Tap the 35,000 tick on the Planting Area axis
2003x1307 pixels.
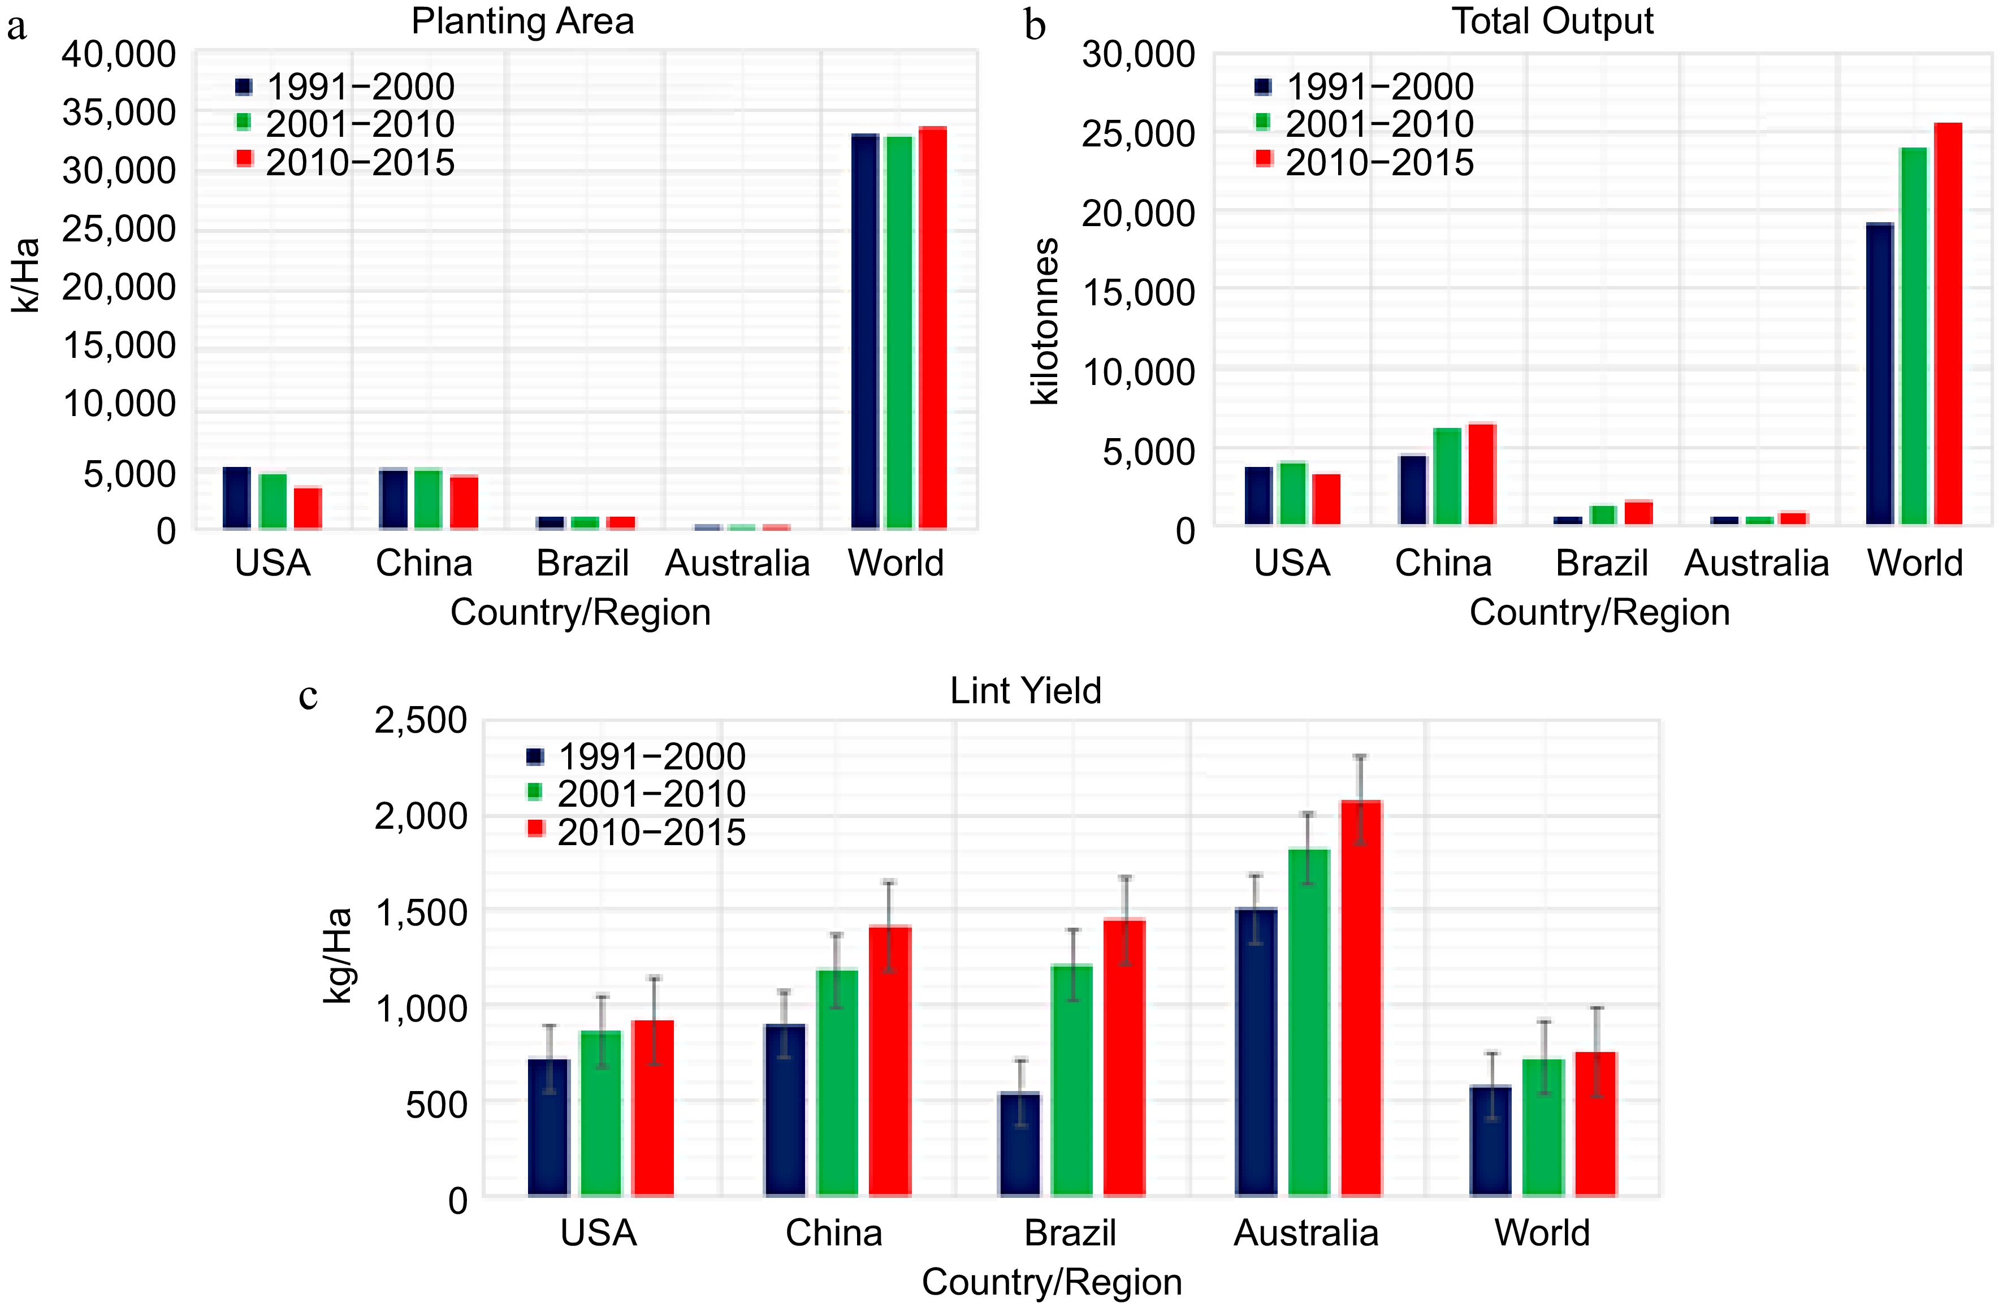(119, 112)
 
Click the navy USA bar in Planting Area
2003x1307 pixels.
(236, 497)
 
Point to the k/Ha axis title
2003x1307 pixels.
(25, 275)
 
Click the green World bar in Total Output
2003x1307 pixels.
(1913, 336)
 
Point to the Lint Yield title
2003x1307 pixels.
(1025, 691)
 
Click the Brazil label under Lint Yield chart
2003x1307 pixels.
(1070, 1233)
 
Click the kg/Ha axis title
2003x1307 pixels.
(338, 955)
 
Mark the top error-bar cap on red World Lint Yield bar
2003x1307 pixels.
(1597, 1007)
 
